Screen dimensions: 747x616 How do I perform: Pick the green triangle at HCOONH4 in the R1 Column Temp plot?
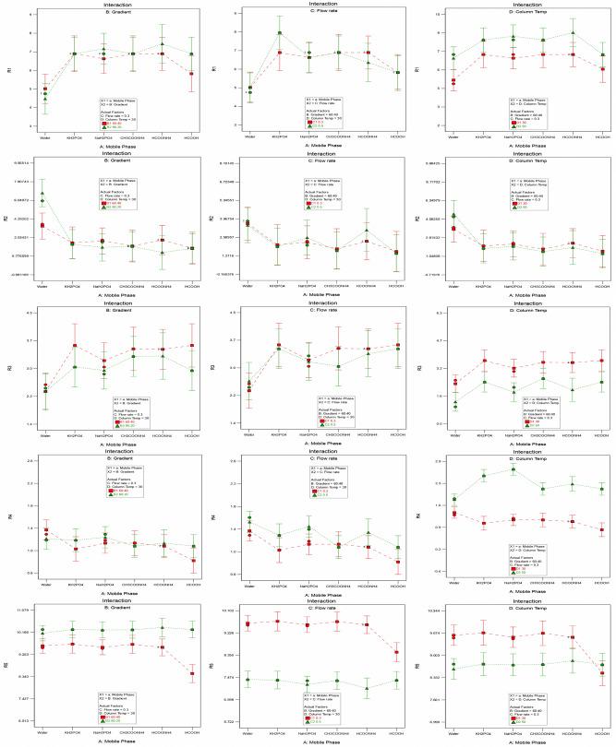point(573,33)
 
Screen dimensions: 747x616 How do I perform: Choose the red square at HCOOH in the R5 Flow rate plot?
point(397,653)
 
